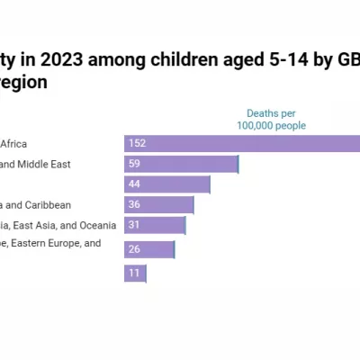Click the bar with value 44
tap(166, 184)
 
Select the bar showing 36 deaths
tap(158, 205)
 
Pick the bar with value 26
tap(149, 249)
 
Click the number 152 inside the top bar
tap(137, 143)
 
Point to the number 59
tap(135, 164)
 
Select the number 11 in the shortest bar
tap(134, 273)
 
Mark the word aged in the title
tap(217, 59)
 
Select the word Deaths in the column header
tap(265, 113)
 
